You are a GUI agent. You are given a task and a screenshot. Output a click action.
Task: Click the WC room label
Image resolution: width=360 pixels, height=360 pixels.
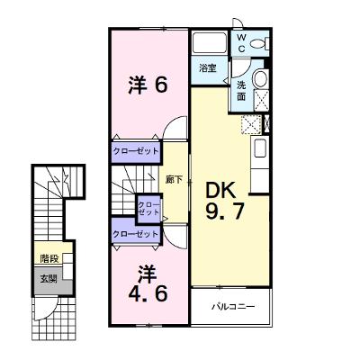click(241, 43)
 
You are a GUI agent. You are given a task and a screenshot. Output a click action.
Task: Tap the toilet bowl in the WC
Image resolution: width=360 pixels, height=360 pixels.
click(259, 44)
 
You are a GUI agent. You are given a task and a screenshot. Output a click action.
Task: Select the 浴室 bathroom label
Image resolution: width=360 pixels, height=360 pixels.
click(208, 68)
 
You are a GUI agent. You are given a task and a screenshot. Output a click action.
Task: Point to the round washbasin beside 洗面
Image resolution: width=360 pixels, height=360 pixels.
click(260, 78)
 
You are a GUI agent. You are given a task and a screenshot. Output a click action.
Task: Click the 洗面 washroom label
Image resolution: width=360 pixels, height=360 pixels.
click(241, 91)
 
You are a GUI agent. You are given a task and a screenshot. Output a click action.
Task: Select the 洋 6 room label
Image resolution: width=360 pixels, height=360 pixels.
click(148, 85)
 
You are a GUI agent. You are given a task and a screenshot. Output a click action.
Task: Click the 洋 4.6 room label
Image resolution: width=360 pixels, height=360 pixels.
click(148, 284)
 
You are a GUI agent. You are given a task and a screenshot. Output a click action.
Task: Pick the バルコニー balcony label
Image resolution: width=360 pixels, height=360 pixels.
click(233, 307)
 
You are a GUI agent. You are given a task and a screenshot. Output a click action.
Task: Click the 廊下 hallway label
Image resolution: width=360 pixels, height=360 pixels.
click(175, 179)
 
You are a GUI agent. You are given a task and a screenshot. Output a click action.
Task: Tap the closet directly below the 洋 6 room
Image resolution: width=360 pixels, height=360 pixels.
click(135, 151)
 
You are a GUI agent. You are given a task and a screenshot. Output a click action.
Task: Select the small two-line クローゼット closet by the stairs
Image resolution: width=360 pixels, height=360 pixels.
click(148, 209)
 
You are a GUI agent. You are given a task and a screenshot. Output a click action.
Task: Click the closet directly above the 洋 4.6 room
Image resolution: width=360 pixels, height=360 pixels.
click(135, 233)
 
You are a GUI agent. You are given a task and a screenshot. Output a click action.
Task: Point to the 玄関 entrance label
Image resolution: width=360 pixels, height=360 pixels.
click(49, 279)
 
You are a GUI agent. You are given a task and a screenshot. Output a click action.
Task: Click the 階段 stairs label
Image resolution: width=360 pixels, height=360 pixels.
click(49, 258)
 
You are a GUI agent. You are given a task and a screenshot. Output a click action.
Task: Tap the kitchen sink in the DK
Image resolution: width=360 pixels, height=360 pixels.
click(260, 148)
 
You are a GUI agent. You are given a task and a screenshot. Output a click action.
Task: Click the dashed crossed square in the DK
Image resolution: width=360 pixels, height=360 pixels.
click(251, 124)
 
